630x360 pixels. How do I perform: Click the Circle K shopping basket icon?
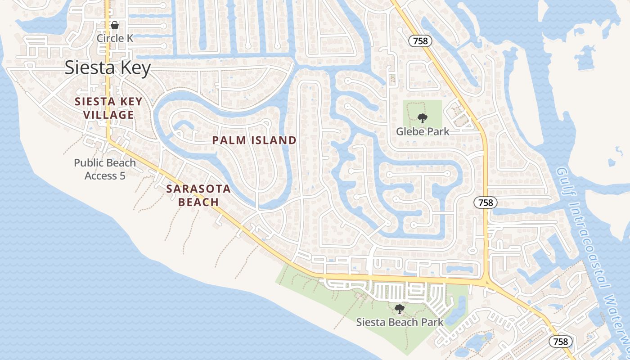115,25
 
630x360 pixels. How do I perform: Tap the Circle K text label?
115,38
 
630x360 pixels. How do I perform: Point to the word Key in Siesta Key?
135,68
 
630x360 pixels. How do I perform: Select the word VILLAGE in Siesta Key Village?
108,115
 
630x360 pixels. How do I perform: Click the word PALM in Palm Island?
229,140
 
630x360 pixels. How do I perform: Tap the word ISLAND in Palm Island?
274,140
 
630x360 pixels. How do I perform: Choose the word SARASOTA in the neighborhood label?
198,189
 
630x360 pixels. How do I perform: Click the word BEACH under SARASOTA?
198,202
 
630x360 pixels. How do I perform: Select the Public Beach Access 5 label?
105,169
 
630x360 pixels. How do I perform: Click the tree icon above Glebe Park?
422,118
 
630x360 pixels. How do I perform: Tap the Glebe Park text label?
423,131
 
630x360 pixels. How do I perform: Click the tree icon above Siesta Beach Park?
399,309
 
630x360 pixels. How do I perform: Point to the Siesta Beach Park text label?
400,322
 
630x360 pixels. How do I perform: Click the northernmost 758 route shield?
420,41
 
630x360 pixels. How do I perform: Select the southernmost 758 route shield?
561,342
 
